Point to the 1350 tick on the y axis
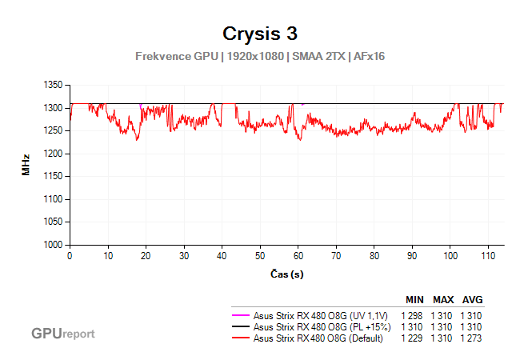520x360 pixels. (x=52, y=85)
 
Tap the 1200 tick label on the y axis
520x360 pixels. (x=52, y=154)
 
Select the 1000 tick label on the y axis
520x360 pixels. (x=52, y=245)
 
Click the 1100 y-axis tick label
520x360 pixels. (x=52, y=199)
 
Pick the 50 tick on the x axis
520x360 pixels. (x=260, y=256)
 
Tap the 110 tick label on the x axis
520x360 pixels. (x=487, y=256)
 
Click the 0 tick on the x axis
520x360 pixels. (x=70, y=256)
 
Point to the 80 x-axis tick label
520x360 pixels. (x=374, y=256)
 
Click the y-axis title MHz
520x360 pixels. (x=26, y=165)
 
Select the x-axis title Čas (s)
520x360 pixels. (x=286, y=274)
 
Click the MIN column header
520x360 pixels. (x=414, y=300)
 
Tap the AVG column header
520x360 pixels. (x=472, y=300)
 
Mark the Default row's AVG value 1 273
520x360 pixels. (x=472, y=338)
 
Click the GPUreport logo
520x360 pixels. (x=62, y=333)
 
